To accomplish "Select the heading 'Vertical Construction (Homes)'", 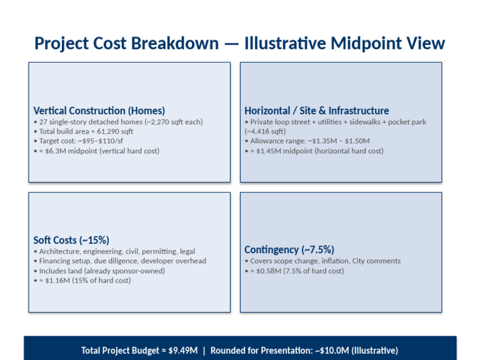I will [x=99, y=111].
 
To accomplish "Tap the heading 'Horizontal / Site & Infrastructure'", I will [x=316, y=111].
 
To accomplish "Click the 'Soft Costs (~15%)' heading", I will [x=71, y=240].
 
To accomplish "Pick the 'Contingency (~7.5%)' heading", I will [x=289, y=249].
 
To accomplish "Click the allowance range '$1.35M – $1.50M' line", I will [x=307, y=141].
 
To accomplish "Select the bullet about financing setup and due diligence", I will [x=119, y=261].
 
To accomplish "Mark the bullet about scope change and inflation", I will [x=322, y=261].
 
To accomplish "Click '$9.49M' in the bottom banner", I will [x=185, y=351].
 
